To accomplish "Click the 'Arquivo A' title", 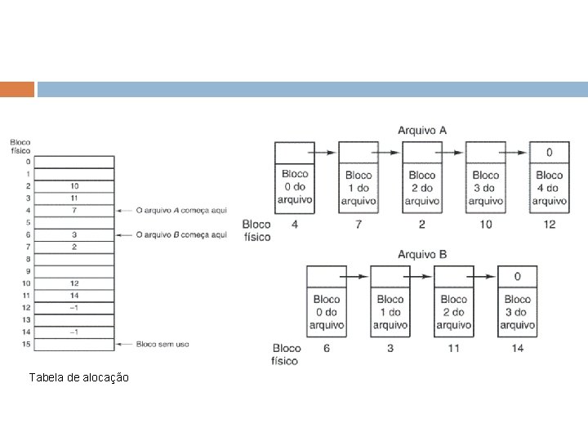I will point(421,130).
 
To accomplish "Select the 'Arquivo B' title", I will point(421,254).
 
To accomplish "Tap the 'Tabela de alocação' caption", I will point(78,377).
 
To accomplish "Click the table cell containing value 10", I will point(74,186).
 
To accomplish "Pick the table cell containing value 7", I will point(74,210).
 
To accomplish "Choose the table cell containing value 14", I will point(74,295).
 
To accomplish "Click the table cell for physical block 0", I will point(74,162).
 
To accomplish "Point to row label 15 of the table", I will point(27,344).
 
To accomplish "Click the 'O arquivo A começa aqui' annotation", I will point(181,210).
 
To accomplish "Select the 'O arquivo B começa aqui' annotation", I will point(181,235).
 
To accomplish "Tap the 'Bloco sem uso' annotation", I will point(163,344).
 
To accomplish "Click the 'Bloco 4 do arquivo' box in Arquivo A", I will point(549,188).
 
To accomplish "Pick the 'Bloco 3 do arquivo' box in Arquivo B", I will point(517,312).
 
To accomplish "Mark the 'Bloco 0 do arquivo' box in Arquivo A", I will point(295,188).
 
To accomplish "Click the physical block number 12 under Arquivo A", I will point(549,224).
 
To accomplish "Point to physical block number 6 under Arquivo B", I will point(327,348).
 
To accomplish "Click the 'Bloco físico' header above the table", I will point(20,145).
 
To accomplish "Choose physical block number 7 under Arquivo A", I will point(359,224).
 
